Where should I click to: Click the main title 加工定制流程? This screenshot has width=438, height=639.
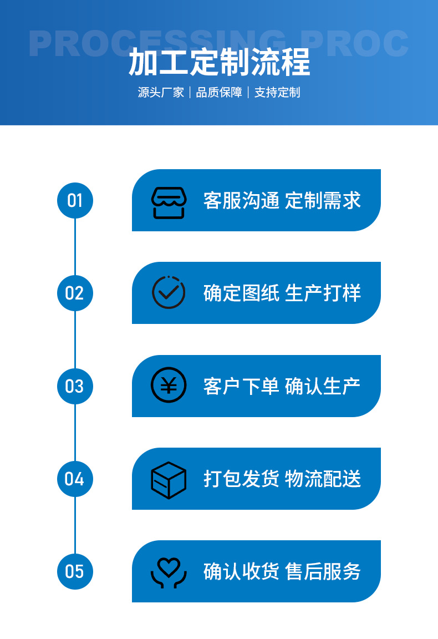click(x=219, y=62)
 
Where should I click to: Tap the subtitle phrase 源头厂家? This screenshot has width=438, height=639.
click(x=161, y=93)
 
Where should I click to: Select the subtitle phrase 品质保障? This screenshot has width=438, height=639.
click(x=219, y=93)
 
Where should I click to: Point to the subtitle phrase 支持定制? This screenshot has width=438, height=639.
click(x=277, y=93)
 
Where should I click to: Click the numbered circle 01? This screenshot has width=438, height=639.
click(x=75, y=200)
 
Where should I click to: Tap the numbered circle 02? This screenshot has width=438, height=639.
click(x=75, y=293)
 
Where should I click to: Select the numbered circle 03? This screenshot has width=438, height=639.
click(x=75, y=386)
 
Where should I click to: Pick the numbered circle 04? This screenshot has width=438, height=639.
click(x=75, y=479)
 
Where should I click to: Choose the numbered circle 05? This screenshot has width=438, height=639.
click(x=75, y=571)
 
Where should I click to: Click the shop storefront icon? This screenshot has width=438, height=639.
click(x=169, y=202)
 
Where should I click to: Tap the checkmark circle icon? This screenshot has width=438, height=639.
click(x=169, y=292)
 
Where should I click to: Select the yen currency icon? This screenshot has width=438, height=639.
click(x=169, y=385)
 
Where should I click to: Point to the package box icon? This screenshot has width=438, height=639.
click(x=169, y=479)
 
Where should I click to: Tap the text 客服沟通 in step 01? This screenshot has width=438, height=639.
click(x=241, y=200)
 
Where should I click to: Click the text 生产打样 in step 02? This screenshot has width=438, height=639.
click(x=323, y=293)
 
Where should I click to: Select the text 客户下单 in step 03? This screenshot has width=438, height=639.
click(x=241, y=386)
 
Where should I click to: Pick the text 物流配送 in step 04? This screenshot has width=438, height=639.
click(x=323, y=479)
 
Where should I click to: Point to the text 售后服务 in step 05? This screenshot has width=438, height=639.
click(x=323, y=571)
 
